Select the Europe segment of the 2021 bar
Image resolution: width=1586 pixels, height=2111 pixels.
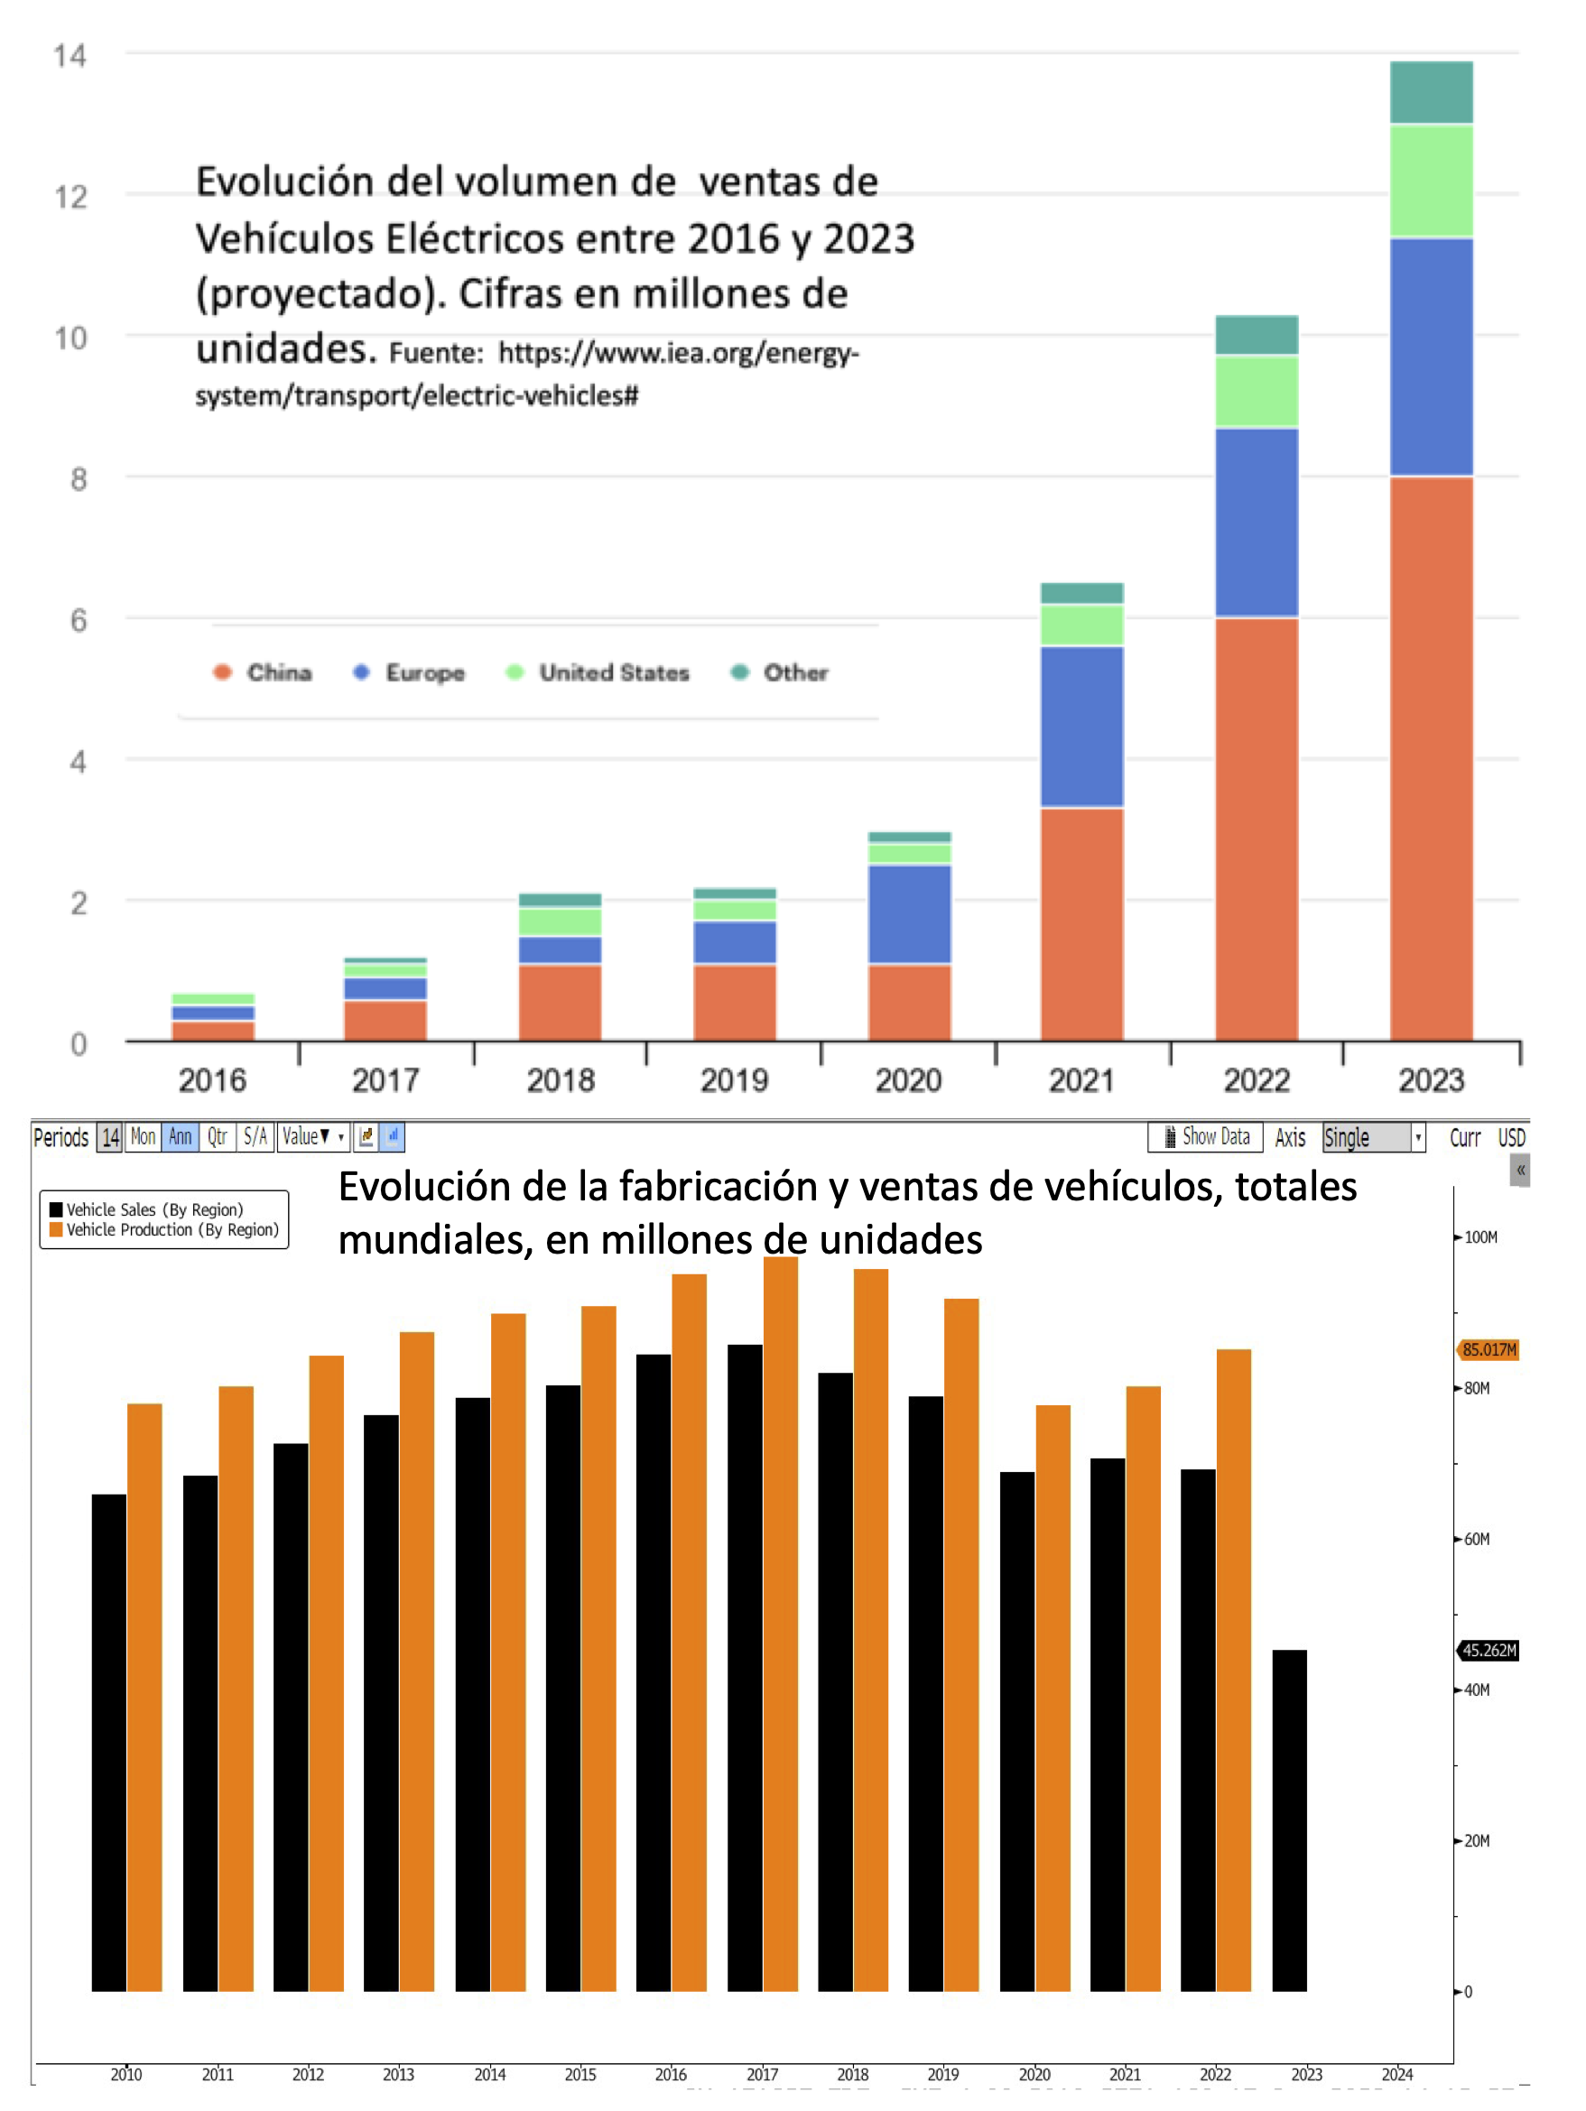[x=1081, y=727]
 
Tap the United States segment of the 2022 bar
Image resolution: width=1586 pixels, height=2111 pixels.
[x=1256, y=392]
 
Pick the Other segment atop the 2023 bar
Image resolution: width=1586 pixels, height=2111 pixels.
[x=1431, y=93]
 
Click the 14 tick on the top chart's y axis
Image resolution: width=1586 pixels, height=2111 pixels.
[x=70, y=56]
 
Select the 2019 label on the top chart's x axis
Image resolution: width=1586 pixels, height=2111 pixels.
[x=734, y=1080]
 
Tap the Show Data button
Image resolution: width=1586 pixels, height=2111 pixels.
[x=1206, y=1136]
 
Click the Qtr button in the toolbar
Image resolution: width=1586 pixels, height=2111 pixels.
[x=218, y=1136]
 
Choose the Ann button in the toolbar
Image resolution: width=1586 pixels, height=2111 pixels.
[x=180, y=1136]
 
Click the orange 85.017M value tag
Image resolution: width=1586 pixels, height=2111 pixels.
[x=1488, y=1349]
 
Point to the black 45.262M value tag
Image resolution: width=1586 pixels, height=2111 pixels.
[x=1488, y=1650]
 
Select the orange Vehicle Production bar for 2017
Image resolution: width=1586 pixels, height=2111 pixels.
[x=781, y=1623]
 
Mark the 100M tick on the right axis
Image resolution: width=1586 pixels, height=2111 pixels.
[x=1479, y=1237]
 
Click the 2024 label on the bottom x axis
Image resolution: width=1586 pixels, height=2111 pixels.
[x=1397, y=2074]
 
